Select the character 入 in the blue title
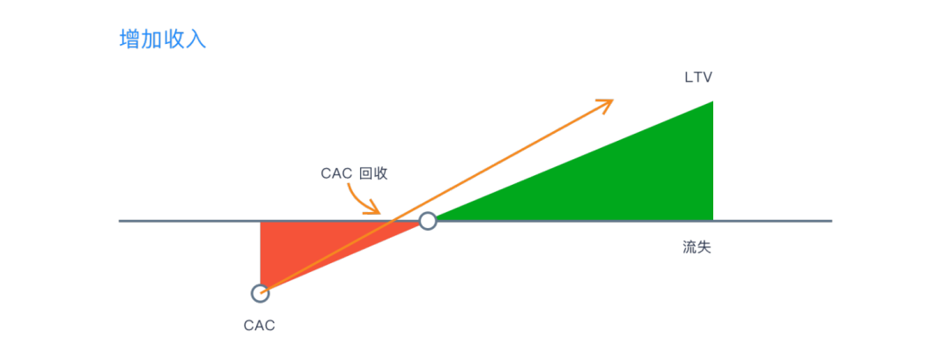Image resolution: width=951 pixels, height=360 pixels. (196, 40)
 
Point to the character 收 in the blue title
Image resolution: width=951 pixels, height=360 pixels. (174, 40)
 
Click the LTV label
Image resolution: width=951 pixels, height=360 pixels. (698, 77)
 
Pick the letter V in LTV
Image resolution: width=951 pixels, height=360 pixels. (707, 77)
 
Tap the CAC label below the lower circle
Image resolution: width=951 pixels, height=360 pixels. (260, 326)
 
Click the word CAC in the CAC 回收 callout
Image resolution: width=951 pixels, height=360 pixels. (336, 173)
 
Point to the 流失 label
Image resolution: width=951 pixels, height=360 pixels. (697, 248)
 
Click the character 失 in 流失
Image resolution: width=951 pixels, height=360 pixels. (704, 248)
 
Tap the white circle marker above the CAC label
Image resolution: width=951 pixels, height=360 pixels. (260, 293)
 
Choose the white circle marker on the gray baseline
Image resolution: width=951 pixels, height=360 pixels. (427, 221)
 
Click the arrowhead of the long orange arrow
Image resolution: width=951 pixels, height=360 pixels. (608, 103)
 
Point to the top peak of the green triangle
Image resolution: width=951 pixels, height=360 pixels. (711, 102)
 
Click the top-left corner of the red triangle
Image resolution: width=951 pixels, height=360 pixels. (262, 223)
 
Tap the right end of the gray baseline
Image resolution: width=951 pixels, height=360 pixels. (830, 220)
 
